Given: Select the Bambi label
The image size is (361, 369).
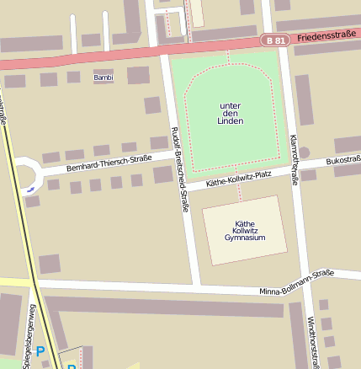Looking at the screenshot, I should point(103,78).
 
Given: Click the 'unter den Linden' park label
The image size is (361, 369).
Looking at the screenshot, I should point(230,113).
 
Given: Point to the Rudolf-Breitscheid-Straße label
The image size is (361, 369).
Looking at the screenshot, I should point(179,168).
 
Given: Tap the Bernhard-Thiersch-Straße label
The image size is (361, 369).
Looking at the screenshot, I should point(109,163).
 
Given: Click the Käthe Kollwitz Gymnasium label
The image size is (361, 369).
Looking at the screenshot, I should point(244,231).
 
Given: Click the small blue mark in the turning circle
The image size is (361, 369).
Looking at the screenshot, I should point(31,190).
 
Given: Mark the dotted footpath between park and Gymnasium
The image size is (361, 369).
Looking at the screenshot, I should point(239,188).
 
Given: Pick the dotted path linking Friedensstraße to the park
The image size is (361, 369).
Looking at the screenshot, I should point(228,56).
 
